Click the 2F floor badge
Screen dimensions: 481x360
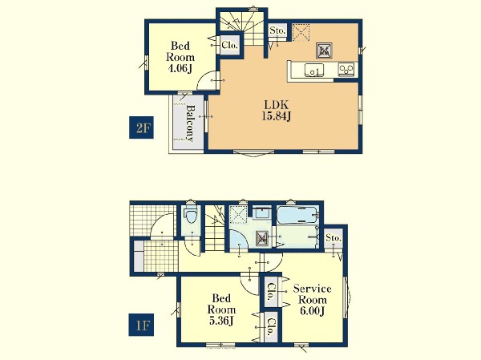(x=141, y=127)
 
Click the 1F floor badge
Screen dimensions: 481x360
(x=141, y=325)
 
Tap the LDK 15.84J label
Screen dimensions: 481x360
(x=277, y=111)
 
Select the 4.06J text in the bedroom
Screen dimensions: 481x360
(x=180, y=68)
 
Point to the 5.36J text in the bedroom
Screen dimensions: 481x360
(x=221, y=321)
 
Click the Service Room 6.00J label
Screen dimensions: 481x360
(x=313, y=300)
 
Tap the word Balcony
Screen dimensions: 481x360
(x=191, y=123)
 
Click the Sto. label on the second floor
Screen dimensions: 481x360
(x=277, y=30)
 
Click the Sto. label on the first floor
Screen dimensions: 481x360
(x=333, y=238)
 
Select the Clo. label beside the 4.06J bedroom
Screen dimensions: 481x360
(x=229, y=46)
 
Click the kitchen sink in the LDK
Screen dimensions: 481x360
(x=313, y=71)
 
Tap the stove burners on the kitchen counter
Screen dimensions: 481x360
(x=346, y=70)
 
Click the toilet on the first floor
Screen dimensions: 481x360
(x=191, y=215)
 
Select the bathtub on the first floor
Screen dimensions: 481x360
(x=297, y=214)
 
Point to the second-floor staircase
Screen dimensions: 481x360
(x=242, y=27)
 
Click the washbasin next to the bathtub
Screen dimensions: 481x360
(x=262, y=212)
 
